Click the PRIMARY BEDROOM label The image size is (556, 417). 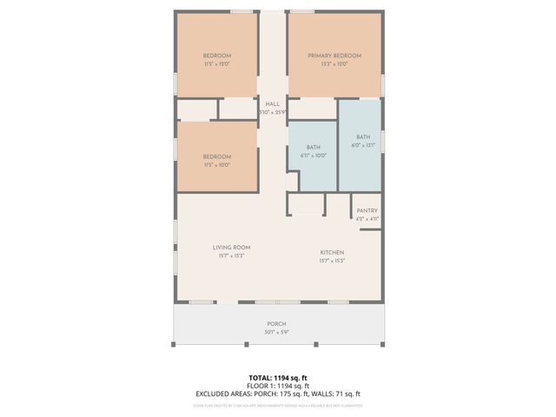click(334, 56)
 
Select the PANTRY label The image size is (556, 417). click(367, 210)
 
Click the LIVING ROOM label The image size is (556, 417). click(231, 248)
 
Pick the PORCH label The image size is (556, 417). click(276, 324)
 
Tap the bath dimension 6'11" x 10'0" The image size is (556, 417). click(313, 156)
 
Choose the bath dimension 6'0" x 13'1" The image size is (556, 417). click(362, 145)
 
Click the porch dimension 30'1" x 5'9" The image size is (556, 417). click(276, 332)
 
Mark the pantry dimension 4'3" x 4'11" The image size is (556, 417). click(367, 218)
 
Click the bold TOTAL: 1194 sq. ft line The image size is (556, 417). click(277, 378)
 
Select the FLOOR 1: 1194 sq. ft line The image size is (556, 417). click(277, 386)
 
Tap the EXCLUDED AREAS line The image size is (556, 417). click(277, 394)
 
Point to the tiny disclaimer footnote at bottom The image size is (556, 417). click(277, 405)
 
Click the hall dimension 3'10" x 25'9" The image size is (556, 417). click(272, 112)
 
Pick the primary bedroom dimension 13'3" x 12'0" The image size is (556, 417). click(334, 64)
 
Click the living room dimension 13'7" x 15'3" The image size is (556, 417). click(231, 256)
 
